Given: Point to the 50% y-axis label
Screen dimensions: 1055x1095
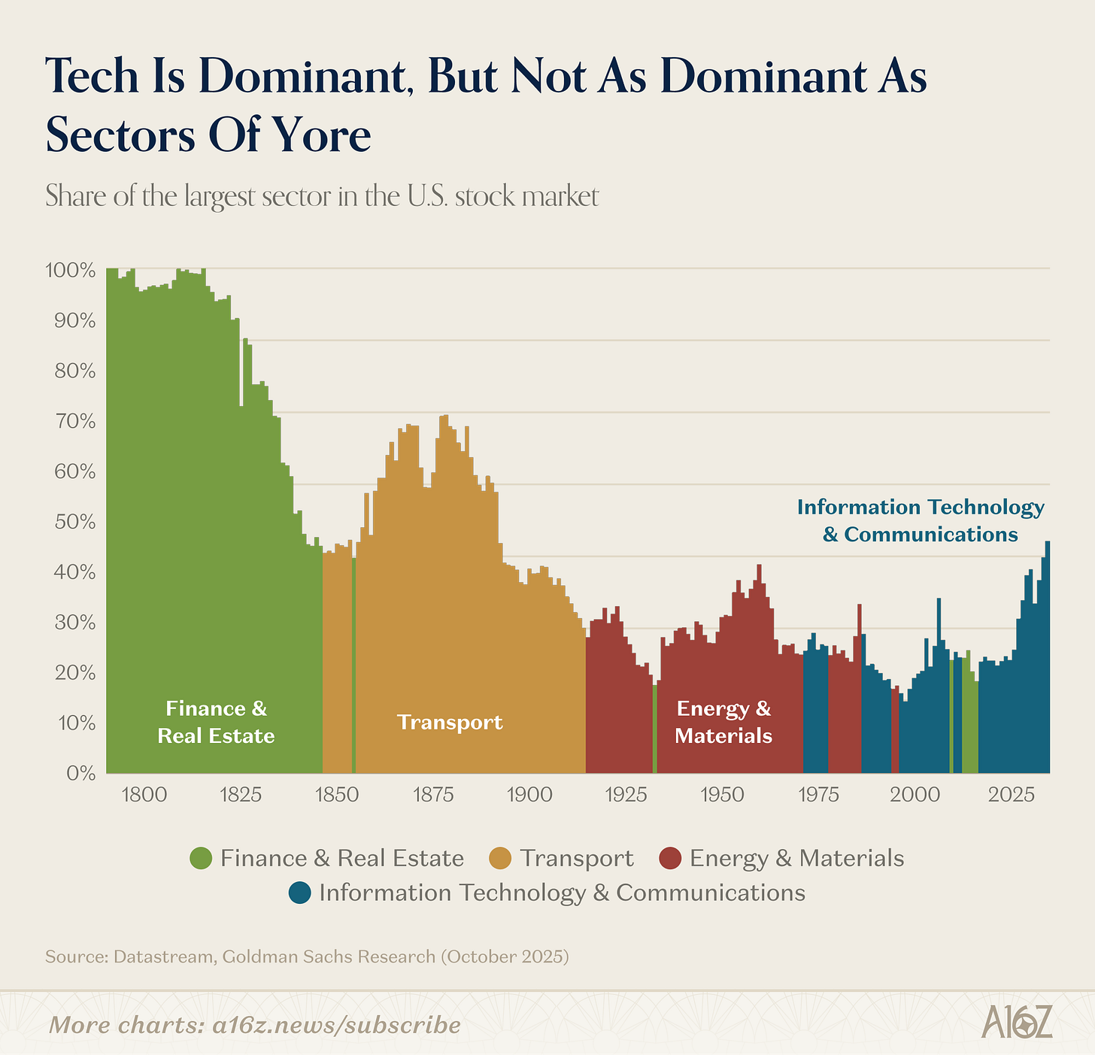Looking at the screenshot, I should pyautogui.click(x=74, y=522).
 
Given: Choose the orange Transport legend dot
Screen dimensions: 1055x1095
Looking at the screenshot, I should pyautogui.click(x=500, y=858).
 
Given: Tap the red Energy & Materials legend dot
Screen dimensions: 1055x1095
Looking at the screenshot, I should pyautogui.click(x=669, y=858).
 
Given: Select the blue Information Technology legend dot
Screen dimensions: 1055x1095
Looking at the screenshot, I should pyautogui.click(x=299, y=893).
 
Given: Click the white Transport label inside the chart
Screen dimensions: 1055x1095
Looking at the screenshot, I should pyautogui.click(x=450, y=723).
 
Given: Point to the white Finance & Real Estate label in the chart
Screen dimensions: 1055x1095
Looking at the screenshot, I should pyautogui.click(x=216, y=722).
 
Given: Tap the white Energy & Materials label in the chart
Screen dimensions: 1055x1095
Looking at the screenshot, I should pyautogui.click(x=723, y=722).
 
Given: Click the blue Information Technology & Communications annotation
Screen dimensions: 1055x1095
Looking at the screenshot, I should pyautogui.click(x=921, y=520).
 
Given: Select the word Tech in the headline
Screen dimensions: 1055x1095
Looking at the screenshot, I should pyautogui.click(x=93, y=76).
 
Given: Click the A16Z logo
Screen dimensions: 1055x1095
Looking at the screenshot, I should pyautogui.click(x=1017, y=1024).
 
